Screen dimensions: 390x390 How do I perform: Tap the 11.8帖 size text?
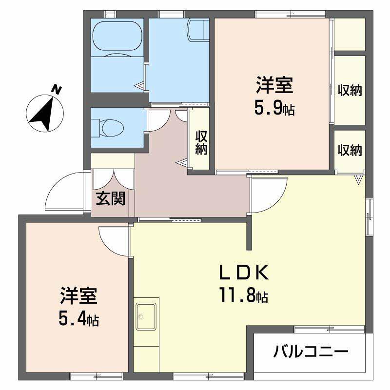[x=243, y=294]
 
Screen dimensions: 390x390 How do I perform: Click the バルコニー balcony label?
[x=311, y=351]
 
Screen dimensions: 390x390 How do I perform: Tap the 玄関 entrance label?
[x=110, y=198]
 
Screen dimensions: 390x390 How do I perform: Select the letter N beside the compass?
[x=57, y=90]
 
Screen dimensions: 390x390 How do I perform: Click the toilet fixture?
[x=112, y=128]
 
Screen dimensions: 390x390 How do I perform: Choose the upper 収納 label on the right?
[x=350, y=90]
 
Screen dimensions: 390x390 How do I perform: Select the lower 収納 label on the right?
[x=350, y=151]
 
